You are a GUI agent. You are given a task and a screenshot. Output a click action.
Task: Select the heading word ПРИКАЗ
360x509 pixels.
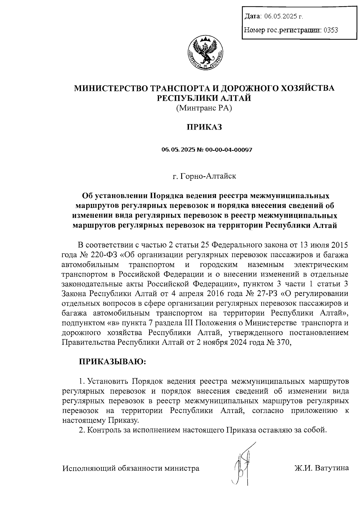[205, 127]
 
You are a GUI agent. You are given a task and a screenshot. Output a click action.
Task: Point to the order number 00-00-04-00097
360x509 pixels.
[229, 149]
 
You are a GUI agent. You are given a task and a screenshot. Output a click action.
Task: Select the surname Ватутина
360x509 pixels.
[331, 468]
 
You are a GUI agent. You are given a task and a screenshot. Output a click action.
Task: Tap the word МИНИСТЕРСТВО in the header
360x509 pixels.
[106, 88]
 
